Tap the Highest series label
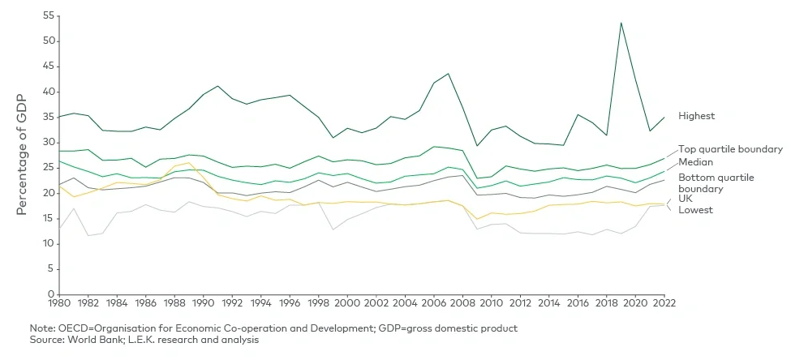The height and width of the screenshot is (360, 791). point(697,116)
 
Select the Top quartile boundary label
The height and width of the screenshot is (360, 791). point(730,149)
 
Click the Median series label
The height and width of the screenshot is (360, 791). point(694,163)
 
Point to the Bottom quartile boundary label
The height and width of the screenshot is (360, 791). point(716,182)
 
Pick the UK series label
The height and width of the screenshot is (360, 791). point(686,198)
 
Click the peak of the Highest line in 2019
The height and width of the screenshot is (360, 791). point(621,23)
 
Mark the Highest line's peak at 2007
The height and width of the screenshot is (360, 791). point(448,74)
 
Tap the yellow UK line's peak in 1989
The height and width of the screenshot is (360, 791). point(188,163)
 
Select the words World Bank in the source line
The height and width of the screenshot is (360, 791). point(88,339)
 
